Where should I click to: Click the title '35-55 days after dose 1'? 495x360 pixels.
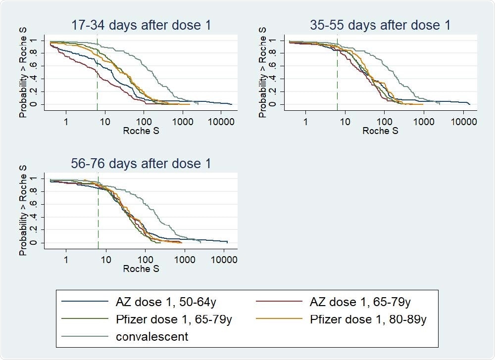click(380, 25)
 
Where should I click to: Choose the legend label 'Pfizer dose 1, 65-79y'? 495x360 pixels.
click(173, 319)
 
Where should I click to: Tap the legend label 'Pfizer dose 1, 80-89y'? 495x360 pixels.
click(368, 319)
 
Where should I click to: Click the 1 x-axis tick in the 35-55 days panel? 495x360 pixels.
click(305, 121)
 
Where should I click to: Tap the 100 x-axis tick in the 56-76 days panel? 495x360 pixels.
click(145, 260)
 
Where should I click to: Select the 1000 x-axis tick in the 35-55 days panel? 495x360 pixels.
click(424, 121)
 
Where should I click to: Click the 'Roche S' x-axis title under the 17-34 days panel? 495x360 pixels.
click(141, 131)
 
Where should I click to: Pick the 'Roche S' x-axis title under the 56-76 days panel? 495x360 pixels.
click(141, 270)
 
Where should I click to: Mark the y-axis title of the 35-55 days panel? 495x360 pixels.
click(263, 72)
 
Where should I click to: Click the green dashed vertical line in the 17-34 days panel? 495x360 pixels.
click(97, 74)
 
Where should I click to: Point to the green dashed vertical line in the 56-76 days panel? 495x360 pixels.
click(98, 213)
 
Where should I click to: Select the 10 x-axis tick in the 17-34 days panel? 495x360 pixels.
click(105, 121)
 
